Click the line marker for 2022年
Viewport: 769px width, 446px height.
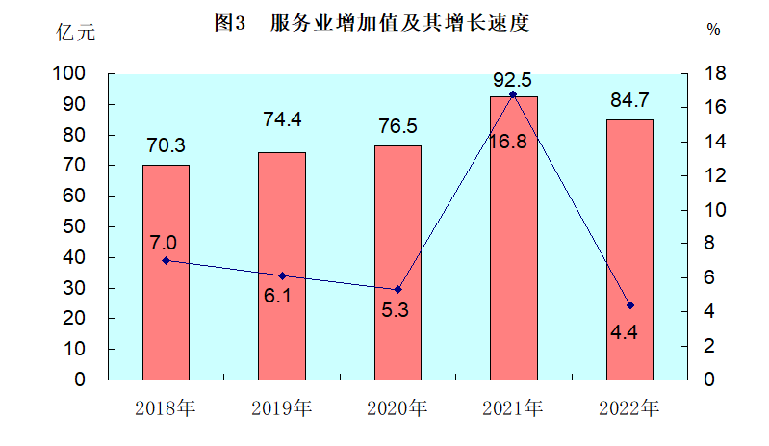630,305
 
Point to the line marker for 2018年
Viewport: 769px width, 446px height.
166,260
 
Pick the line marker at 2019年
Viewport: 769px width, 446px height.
282,275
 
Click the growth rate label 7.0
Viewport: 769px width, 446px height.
163,241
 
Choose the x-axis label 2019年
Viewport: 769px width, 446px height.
281,407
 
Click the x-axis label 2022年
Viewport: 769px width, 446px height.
629,407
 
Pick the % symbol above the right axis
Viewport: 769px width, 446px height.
713,30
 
